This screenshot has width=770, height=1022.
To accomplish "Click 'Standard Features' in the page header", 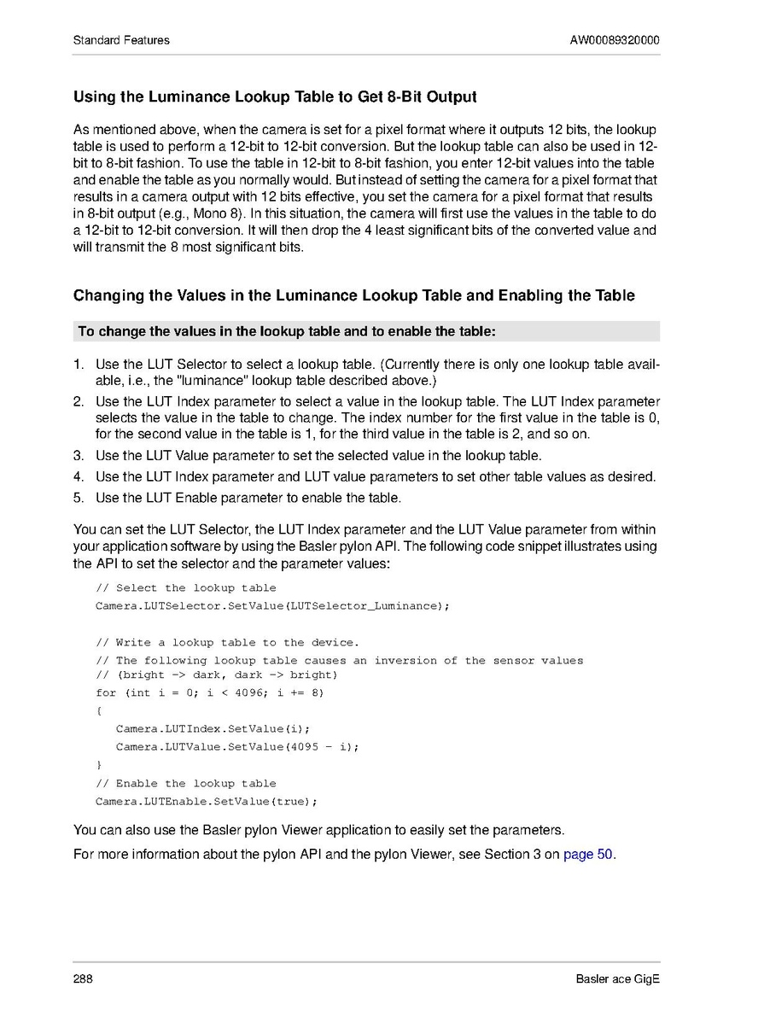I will [121, 40].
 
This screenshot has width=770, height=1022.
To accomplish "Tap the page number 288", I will [83, 978].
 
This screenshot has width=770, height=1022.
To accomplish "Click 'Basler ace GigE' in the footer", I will [617, 978].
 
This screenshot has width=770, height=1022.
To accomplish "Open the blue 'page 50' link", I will [588, 854].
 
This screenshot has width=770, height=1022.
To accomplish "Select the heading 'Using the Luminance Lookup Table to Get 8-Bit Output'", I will [275, 96].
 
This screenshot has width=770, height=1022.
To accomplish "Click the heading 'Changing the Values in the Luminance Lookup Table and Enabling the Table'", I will [353, 296].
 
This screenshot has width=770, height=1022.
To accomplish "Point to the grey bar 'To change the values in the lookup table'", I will [286, 330].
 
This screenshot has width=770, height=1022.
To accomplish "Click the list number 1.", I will [78, 365].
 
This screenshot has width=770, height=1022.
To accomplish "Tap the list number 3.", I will [78, 455].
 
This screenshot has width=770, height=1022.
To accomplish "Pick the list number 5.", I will [78, 497].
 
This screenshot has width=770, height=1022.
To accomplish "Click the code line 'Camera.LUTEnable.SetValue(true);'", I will [207, 802].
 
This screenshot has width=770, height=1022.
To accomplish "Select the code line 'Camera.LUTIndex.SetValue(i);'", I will [213, 728].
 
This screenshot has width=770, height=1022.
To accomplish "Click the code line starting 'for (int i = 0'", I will [210, 692].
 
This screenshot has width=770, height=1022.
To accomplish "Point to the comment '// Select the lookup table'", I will [186, 587].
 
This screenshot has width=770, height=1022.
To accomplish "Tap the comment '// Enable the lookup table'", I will [186, 783].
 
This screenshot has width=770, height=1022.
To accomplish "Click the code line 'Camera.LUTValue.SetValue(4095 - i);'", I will [237, 746].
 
